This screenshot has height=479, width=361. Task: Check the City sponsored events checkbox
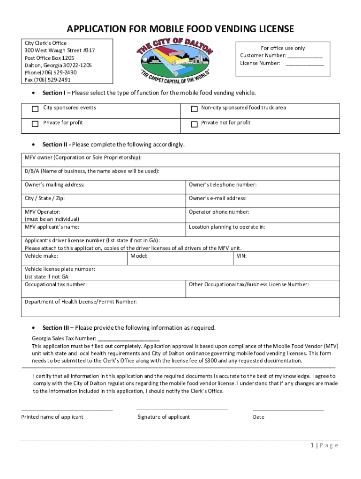pos(35,109)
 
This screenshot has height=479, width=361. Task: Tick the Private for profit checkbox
pos(35,124)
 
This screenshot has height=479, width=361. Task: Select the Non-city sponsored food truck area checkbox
pos(194,109)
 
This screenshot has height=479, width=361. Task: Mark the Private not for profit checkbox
pos(194,124)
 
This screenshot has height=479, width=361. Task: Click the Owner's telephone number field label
pos(223,185)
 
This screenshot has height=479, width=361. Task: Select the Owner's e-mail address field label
pos(218,198)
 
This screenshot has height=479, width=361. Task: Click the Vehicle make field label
pos(41,256)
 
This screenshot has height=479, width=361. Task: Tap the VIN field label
pos(241,256)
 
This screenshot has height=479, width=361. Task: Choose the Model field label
pos(139,256)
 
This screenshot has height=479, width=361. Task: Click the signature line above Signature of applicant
pos(182,409)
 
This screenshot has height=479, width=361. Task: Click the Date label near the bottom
pos(258,417)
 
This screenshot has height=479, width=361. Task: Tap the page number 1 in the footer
pos(312,445)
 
